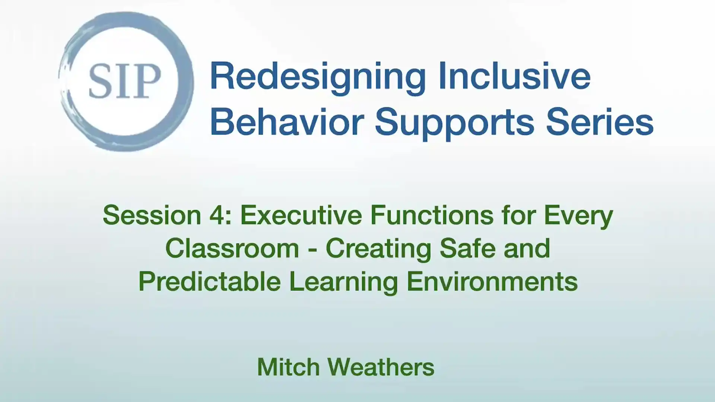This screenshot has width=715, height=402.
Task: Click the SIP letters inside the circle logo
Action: [125, 81]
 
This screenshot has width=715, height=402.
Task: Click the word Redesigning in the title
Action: [318, 77]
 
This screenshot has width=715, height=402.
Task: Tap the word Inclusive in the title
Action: [514, 76]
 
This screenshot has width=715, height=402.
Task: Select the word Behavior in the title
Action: [287, 122]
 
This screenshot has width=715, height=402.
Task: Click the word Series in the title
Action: [600, 122]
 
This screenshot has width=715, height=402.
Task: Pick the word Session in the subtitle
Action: [152, 216]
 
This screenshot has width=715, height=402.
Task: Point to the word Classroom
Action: [232, 249]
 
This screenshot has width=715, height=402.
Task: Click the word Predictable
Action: [210, 282]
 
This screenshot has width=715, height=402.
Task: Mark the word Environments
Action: [492, 282]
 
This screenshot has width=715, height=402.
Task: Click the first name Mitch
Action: [288, 367]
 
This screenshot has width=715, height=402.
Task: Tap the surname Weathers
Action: [381, 367]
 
